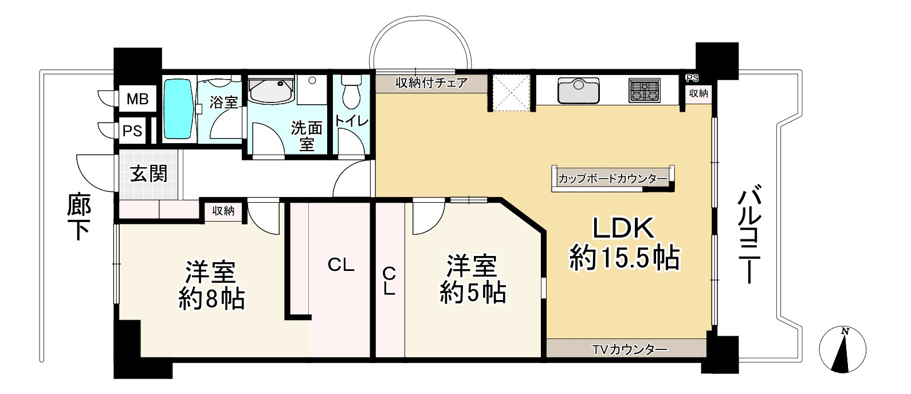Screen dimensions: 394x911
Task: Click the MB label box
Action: [137, 100]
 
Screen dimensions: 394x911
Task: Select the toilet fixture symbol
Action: [350, 93]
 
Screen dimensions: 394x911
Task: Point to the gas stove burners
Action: [645, 90]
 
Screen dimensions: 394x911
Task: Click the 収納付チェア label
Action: [432, 82]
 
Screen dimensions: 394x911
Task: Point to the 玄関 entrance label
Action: [148, 174]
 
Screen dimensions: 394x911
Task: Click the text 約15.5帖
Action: [624, 258]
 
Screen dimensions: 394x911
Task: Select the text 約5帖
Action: [473, 293]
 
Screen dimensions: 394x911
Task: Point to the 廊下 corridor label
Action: [79, 218]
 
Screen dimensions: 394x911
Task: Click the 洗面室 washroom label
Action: [307, 136]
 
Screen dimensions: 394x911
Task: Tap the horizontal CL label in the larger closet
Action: [341, 265]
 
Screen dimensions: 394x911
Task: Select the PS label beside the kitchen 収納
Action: [692, 78]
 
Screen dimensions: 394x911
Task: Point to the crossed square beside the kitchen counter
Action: [511, 92]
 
